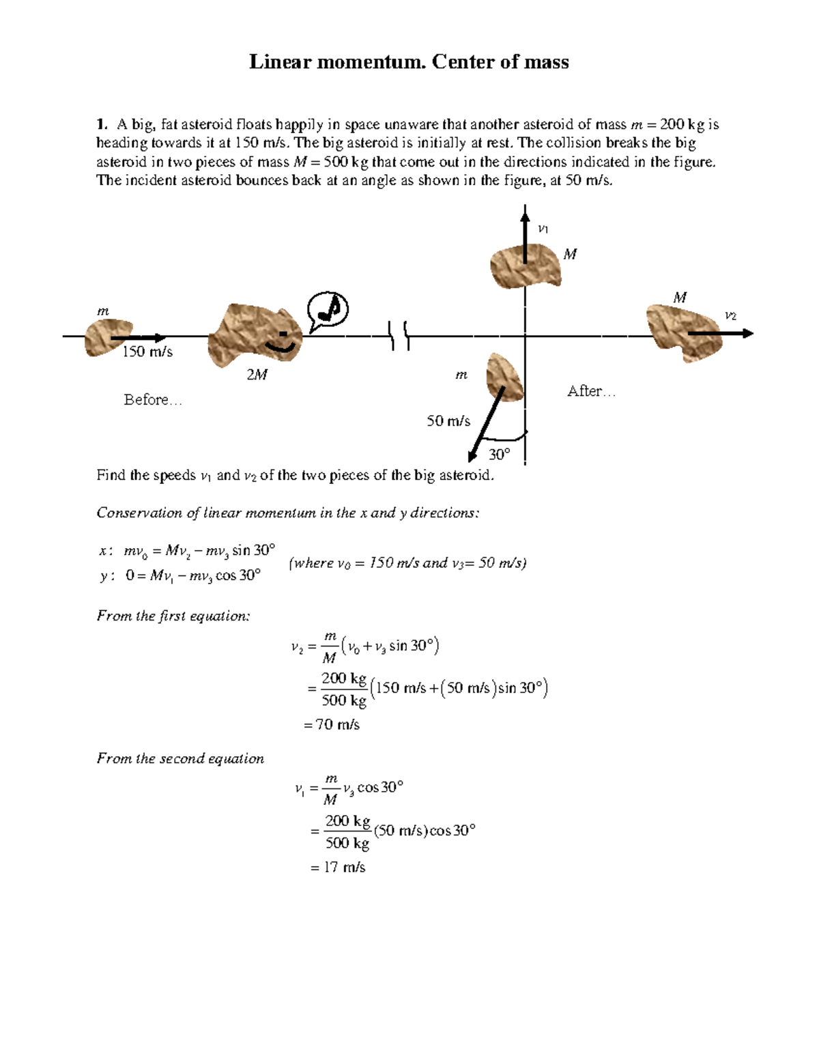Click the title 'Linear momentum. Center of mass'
click(x=409, y=62)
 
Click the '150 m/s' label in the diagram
click(x=147, y=352)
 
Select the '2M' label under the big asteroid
click(x=257, y=375)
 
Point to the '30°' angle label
click(x=500, y=455)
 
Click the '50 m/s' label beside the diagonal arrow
click(x=448, y=421)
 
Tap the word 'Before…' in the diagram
click(x=153, y=399)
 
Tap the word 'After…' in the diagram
click(x=591, y=391)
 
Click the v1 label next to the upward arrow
click(x=543, y=229)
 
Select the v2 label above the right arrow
click(x=730, y=315)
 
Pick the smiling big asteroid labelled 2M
click(x=254, y=336)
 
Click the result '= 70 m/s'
click(x=332, y=724)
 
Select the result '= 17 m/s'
click(x=338, y=868)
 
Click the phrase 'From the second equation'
click(x=180, y=758)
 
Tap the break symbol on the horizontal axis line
click(x=400, y=336)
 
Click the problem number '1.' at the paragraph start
click(x=102, y=124)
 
